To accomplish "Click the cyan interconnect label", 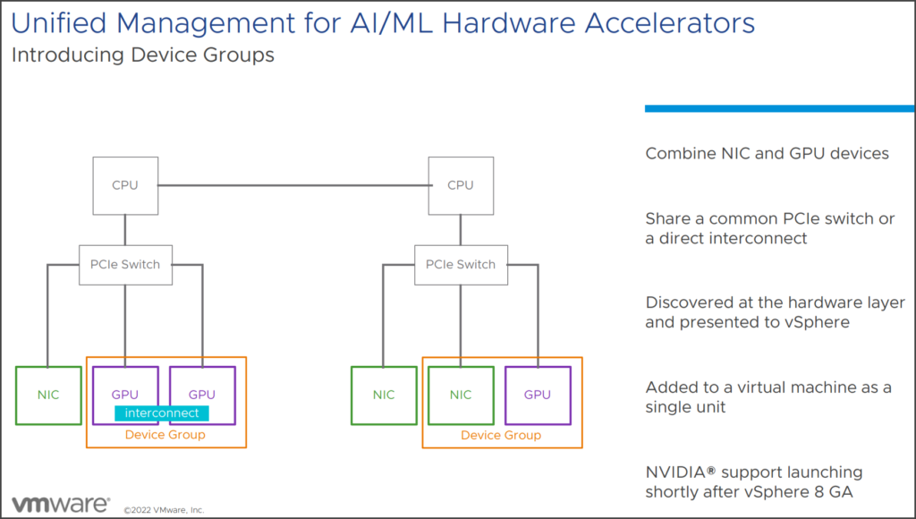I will [x=162, y=413].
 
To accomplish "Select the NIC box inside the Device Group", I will [x=460, y=395].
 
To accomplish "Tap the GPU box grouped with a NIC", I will [x=537, y=395].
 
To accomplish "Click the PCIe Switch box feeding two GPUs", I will [x=125, y=264].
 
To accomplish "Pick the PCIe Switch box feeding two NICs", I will [x=460, y=264].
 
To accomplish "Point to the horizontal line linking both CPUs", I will [x=293, y=186].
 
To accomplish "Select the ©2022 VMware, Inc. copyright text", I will [x=164, y=509].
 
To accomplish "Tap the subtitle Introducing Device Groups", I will [x=142, y=55].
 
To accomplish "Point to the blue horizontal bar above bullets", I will [x=779, y=108].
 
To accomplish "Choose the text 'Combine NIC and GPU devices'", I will [x=767, y=153].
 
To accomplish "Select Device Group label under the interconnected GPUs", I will [x=165, y=435].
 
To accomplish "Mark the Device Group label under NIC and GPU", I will [x=501, y=435].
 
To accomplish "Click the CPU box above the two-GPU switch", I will [x=125, y=185].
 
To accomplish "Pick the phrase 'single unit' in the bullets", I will [x=686, y=407].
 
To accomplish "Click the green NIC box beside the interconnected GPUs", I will [x=48, y=395].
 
